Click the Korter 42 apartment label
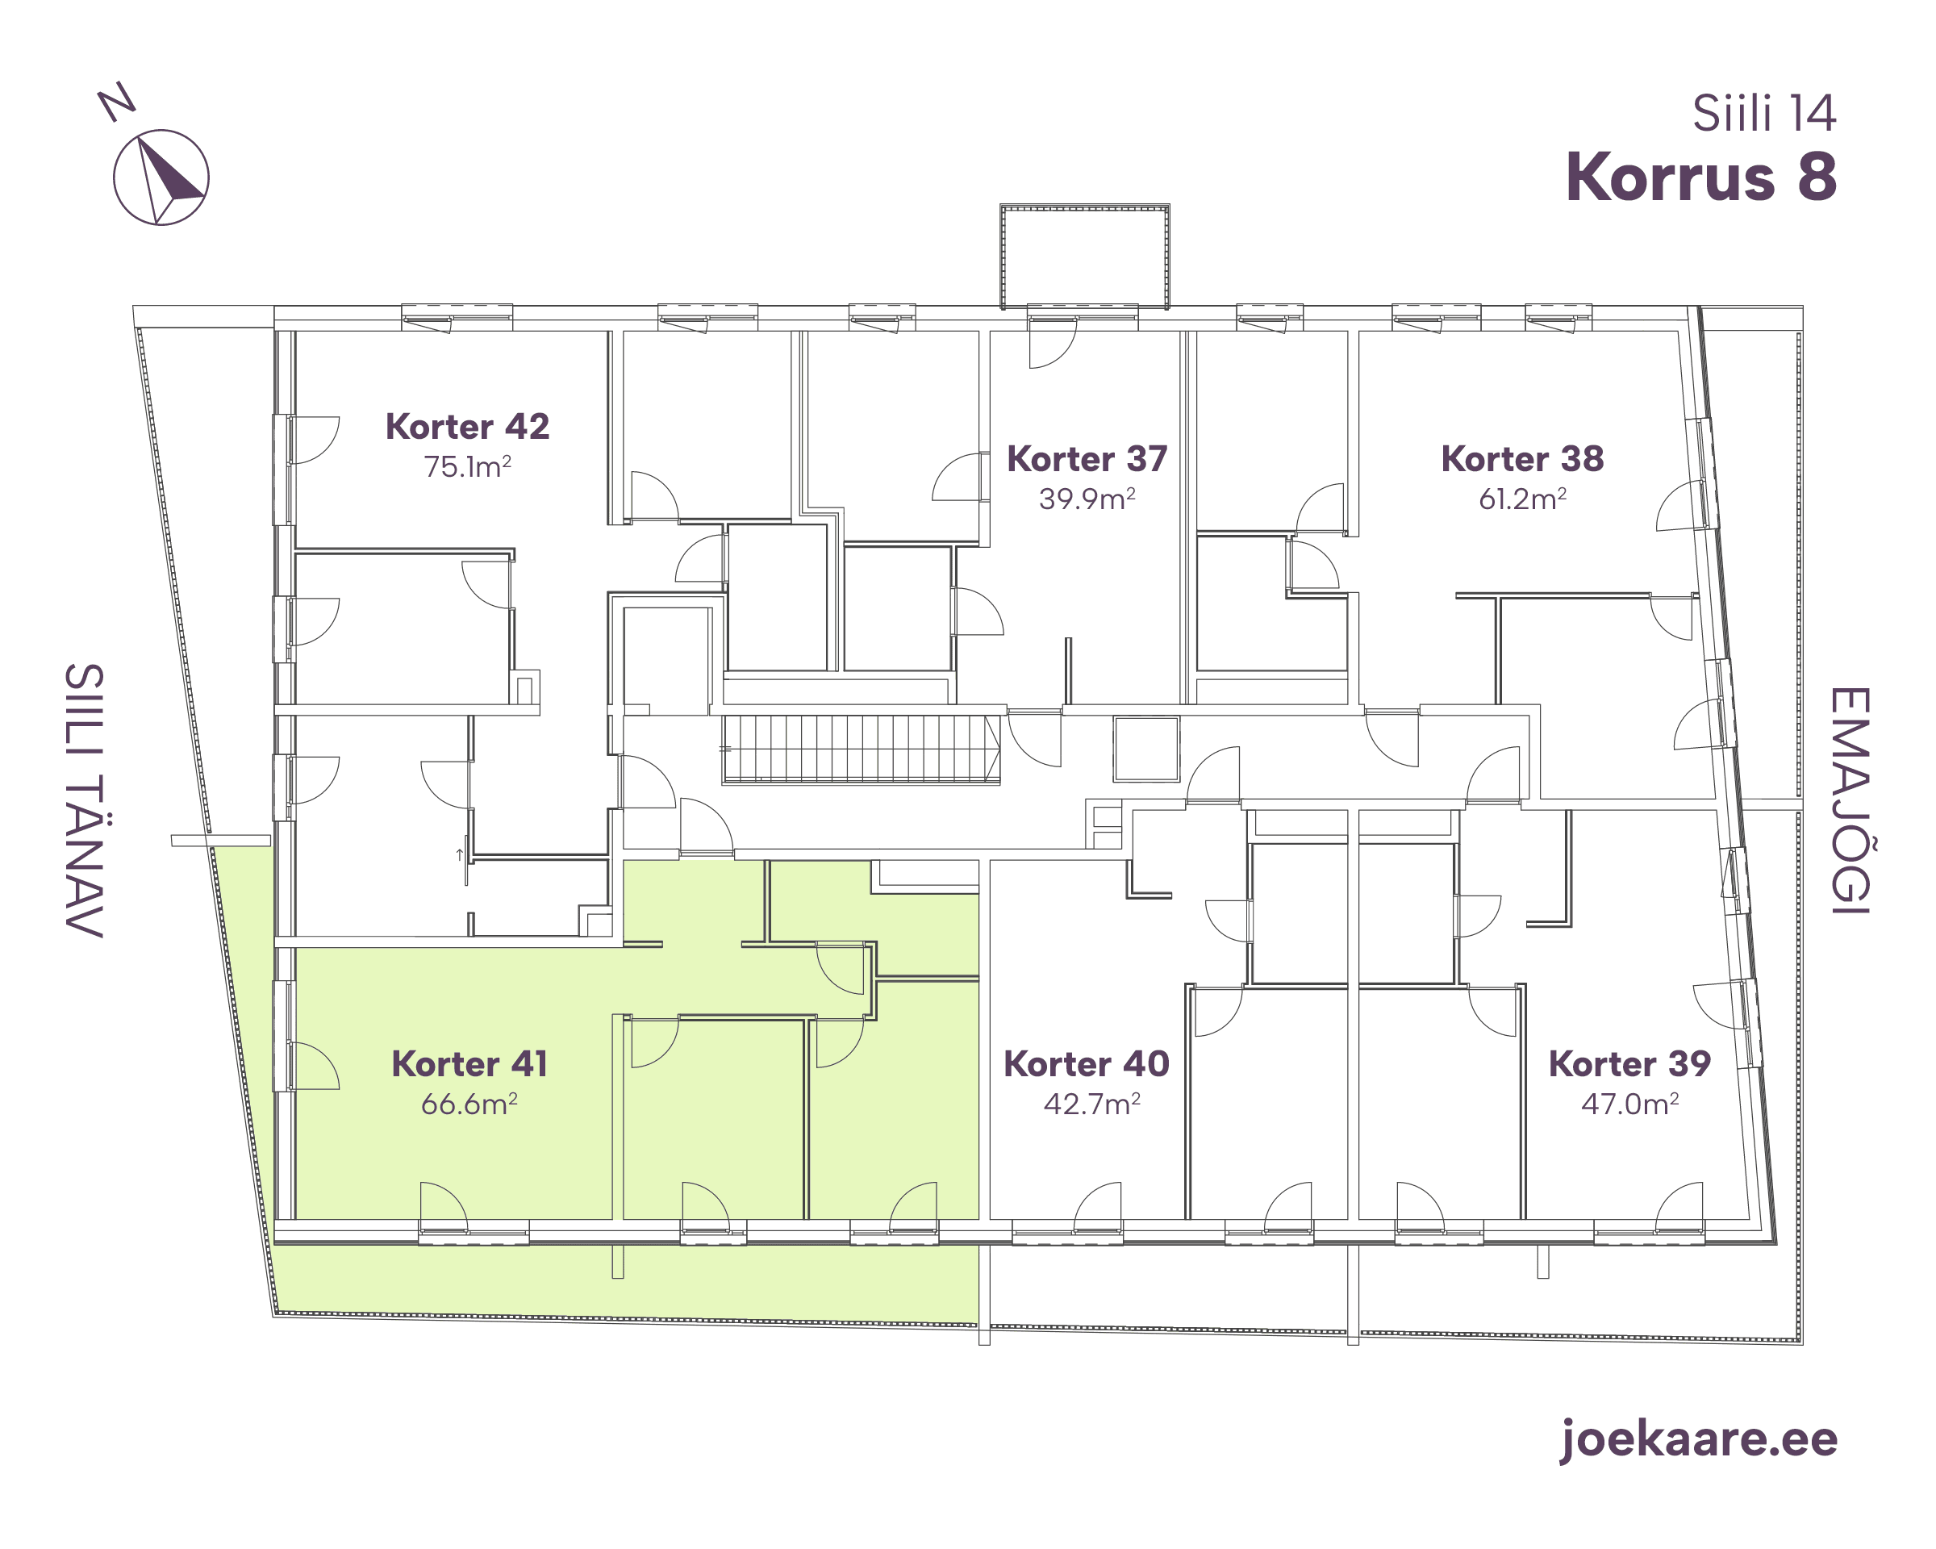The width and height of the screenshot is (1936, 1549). (467, 427)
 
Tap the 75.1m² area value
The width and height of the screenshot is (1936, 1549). (467, 466)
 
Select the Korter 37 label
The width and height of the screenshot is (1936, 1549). (1087, 459)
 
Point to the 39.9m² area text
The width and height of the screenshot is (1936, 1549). (1087, 499)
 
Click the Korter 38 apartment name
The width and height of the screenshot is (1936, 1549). (1522, 459)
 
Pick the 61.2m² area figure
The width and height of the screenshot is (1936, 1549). (1522, 499)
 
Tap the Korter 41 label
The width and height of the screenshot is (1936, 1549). (469, 1064)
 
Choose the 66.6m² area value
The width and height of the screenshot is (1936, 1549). (469, 1104)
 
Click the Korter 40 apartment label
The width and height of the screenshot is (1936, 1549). (1087, 1064)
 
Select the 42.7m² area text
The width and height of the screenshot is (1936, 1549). (1092, 1104)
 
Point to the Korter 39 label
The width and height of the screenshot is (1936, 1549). (1629, 1064)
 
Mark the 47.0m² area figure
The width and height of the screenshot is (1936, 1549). (1629, 1104)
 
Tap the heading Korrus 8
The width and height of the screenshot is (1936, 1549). (1700, 177)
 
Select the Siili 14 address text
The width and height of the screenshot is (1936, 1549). (1764, 114)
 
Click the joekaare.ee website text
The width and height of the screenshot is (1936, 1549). (1698, 1438)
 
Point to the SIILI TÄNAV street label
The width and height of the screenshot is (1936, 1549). (85, 800)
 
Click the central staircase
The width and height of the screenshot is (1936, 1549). (862, 749)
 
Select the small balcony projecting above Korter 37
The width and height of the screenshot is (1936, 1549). (1085, 257)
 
